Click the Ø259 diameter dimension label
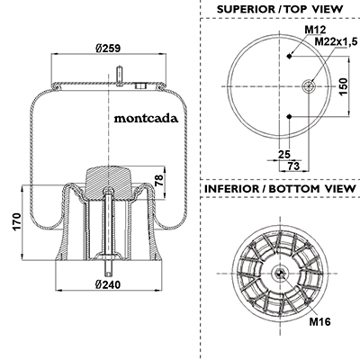coord(108,48)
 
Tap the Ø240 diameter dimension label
coord(108,284)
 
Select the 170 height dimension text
coord(17,221)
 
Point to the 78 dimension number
coord(159,180)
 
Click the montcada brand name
coord(146,119)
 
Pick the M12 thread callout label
coord(315,30)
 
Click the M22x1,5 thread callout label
coord(336,42)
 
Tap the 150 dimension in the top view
coord(343,86)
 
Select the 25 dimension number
coord(284,154)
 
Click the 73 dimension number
coord(293,166)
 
